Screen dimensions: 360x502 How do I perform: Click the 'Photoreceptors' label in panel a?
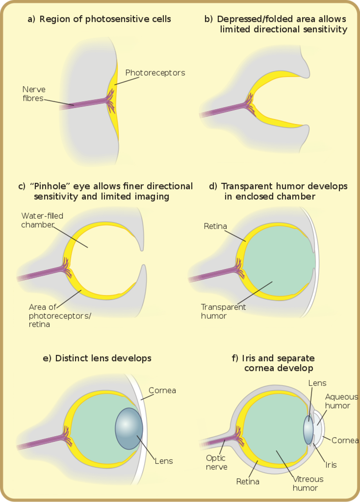(x=155, y=73)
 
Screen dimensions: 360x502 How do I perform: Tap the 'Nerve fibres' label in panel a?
(x=34, y=94)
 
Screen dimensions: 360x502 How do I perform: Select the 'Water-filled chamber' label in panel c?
(x=42, y=220)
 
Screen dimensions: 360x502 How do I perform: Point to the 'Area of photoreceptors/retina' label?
(x=60, y=315)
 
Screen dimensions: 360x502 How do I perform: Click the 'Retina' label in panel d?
(x=215, y=226)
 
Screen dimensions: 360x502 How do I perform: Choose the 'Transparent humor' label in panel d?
(x=223, y=311)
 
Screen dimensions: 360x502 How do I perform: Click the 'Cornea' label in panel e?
(x=162, y=390)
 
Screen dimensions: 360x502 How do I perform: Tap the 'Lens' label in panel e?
(x=164, y=461)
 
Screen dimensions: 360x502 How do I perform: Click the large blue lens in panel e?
(x=129, y=429)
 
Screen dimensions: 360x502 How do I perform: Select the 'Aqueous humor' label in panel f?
(x=341, y=401)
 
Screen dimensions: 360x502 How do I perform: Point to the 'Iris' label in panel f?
(x=331, y=465)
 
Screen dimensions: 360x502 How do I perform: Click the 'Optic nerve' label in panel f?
(x=216, y=462)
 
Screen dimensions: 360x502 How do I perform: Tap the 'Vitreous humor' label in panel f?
(x=308, y=483)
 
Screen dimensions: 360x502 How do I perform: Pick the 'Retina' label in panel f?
(x=248, y=481)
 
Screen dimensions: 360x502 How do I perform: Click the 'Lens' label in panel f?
(x=317, y=383)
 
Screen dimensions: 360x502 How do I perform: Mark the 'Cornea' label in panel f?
(x=345, y=440)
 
